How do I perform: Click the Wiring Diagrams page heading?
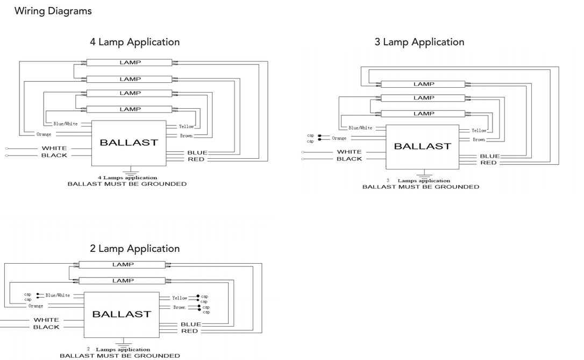tap(53, 11)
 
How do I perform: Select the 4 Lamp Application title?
tap(135, 42)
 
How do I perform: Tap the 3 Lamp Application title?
tap(419, 42)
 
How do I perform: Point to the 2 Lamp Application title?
tap(135, 249)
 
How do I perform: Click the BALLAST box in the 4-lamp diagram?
tap(129, 143)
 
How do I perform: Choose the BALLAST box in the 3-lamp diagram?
tap(422, 147)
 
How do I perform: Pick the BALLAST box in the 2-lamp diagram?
tap(122, 315)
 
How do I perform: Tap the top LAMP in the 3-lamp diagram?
tap(423, 84)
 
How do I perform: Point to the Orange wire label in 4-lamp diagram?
tap(44, 134)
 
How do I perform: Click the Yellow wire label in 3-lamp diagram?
tap(479, 130)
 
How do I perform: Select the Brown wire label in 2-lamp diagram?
tap(180, 307)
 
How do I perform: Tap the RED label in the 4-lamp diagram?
tap(196, 159)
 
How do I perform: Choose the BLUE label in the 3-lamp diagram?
tap(489, 156)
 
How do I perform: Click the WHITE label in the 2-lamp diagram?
tap(46, 320)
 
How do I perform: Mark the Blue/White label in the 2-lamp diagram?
tap(58, 295)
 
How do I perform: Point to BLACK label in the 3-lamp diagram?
tap(350, 159)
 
